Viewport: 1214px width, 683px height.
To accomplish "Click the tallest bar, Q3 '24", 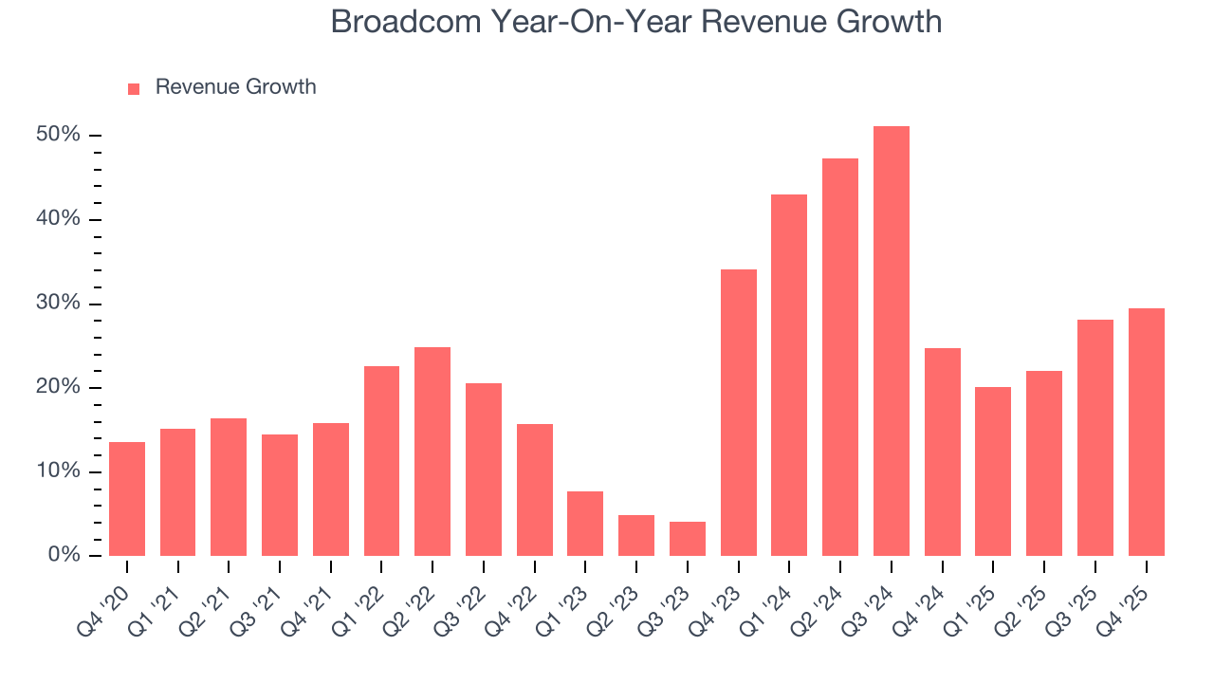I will point(891,341).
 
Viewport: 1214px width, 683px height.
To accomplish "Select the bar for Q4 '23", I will point(738,413).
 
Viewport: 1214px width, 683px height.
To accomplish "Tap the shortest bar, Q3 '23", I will point(687,539).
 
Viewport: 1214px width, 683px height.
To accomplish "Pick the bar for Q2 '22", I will point(432,452).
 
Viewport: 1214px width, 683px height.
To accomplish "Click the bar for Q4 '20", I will point(127,499).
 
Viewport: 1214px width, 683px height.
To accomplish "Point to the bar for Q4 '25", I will point(1146,433).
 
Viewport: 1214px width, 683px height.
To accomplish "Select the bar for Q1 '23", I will point(585,524).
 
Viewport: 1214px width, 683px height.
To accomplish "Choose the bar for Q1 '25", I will point(993,471).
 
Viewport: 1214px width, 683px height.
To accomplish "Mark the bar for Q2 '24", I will point(840,357).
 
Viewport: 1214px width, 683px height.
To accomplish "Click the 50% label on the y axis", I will point(58,135).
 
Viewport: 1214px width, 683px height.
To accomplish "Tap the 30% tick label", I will point(58,304).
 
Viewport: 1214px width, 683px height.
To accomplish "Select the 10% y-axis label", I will point(58,471).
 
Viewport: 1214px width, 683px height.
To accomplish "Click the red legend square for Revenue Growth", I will point(134,88).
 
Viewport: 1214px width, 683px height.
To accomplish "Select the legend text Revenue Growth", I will point(235,87).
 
